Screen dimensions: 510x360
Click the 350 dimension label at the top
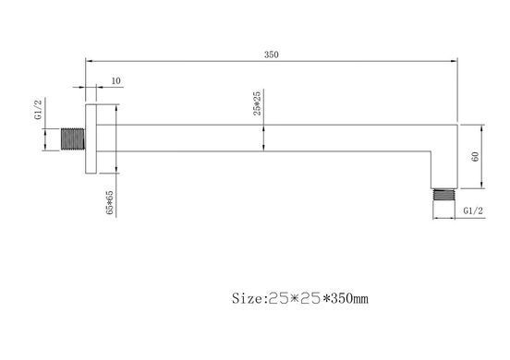[x=272, y=54]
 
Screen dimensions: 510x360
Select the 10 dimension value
[x=115, y=80]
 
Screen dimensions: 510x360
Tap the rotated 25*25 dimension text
[x=257, y=103]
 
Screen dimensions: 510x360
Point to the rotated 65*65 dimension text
[x=110, y=202]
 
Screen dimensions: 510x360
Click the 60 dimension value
[x=475, y=157]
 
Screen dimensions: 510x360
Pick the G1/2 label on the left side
[x=39, y=110]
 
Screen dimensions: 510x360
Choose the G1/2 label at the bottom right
[x=473, y=210]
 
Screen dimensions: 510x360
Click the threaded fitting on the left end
[x=73, y=139]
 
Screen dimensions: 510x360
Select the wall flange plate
[x=91, y=138]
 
